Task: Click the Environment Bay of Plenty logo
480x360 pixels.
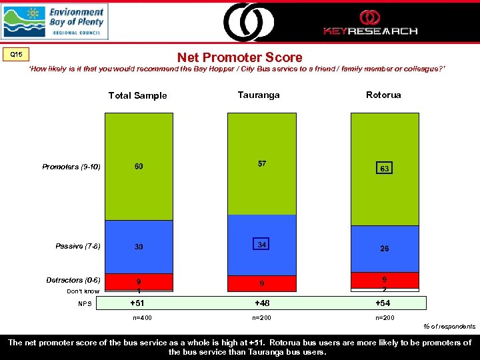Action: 55,21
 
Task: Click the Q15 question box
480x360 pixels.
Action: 15,54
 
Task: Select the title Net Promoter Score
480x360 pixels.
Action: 239,58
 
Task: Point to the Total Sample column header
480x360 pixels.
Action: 137,95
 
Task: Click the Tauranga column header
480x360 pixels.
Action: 259,95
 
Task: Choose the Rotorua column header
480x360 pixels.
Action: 383,95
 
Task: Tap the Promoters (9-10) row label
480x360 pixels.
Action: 71,167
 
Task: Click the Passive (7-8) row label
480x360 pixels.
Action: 78,247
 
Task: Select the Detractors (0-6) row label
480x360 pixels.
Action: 73,280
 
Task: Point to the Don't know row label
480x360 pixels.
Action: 83,291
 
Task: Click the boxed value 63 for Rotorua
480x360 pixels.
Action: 385,169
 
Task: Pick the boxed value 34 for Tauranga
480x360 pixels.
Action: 262,245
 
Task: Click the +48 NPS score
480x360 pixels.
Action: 261,304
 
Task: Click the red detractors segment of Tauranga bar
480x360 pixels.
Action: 261,283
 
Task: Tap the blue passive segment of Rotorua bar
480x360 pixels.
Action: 385,249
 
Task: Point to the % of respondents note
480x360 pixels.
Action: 450,327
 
